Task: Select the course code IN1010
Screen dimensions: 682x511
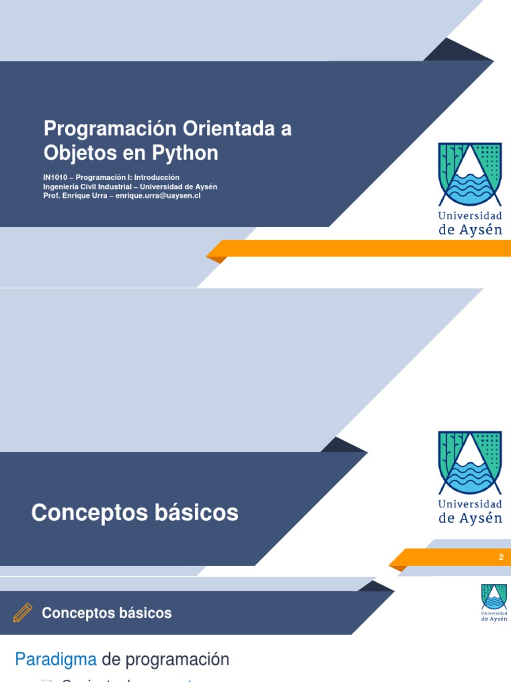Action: tap(57, 177)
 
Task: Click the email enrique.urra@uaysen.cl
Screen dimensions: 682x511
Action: tap(158, 196)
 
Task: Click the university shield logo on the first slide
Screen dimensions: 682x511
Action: tap(470, 174)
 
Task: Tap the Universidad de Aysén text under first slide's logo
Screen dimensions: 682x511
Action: tap(470, 222)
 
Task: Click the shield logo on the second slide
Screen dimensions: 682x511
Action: tap(470, 462)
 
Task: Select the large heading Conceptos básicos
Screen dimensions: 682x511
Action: tap(134, 513)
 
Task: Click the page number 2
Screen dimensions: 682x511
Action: tap(501, 557)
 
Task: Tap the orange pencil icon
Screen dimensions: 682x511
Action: tap(22, 613)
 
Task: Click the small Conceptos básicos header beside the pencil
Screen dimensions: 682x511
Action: tap(106, 613)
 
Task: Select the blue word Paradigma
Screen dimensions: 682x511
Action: tap(56, 660)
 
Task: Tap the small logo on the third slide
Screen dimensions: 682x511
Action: tap(494, 602)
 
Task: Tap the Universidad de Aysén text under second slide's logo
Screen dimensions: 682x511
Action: tap(470, 511)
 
